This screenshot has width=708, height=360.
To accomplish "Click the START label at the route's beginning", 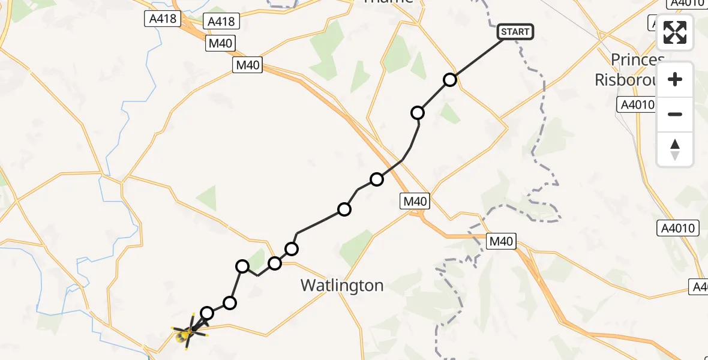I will (515, 32).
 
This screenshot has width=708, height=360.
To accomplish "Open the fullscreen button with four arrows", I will (675, 32).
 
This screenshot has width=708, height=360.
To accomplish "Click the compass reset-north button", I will (675, 149).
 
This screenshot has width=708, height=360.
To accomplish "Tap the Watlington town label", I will (342, 285).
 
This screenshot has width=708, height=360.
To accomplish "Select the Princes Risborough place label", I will (629, 70).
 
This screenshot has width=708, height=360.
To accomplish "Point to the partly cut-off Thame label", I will (389, 2).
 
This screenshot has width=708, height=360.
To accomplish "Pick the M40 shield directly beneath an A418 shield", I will (220, 43).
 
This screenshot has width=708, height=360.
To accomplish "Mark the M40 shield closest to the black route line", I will (415, 202).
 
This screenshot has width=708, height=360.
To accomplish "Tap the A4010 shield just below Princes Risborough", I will (636, 105).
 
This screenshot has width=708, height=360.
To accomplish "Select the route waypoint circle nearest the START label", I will (450, 80).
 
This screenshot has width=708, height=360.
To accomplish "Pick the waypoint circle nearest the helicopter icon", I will (207, 313).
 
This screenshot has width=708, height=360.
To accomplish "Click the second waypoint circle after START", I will (418, 113).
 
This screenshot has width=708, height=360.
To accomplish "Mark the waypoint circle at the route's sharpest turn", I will (242, 266).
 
